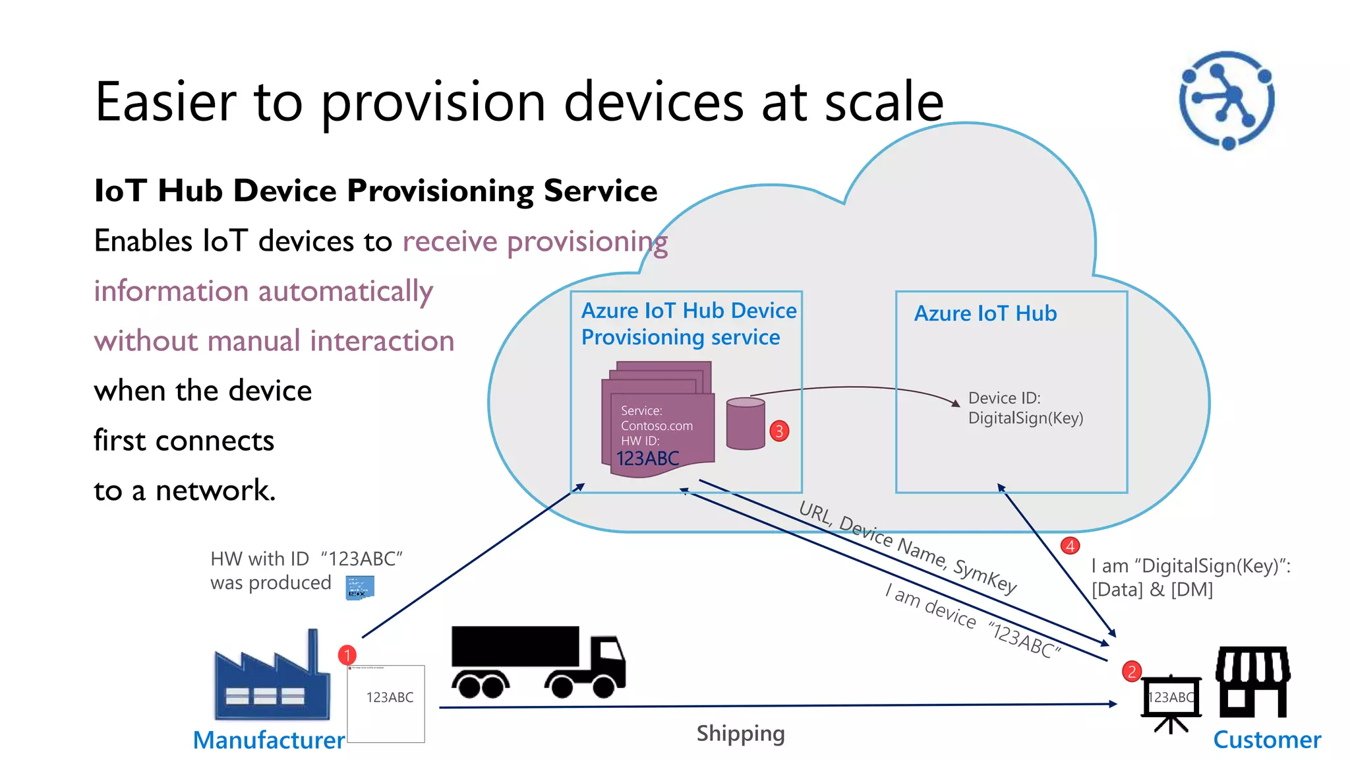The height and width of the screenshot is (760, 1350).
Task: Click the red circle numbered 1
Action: pyautogui.click(x=347, y=655)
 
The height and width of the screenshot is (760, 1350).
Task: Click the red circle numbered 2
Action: pyautogui.click(x=1132, y=672)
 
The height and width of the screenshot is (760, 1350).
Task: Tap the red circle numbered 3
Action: pyautogui.click(x=779, y=431)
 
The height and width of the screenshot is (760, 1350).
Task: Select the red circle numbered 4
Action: pyautogui.click(x=1070, y=546)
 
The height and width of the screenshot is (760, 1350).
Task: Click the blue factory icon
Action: pyautogui.click(x=271, y=680)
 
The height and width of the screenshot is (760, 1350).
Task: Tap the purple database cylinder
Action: pyautogui.click(x=746, y=424)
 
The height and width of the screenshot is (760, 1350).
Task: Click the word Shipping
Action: pyautogui.click(x=740, y=734)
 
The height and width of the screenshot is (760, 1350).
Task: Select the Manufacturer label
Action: pyautogui.click(x=268, y=740)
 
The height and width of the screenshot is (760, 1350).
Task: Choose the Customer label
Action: pyautogui.click(x=1266, y=740)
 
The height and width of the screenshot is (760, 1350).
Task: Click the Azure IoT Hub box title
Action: pyautogui.click(x=985, y=313)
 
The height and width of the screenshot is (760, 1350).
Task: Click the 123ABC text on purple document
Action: pyautogui.click(x=647, y=459)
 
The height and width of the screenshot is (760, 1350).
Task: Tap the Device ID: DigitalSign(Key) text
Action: pyautogui.click(x=1025, y=408)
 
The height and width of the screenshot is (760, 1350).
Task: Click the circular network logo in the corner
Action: pyautogui.click(x=1227, y=100)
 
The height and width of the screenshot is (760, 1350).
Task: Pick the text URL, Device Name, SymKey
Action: pyautogui.click(x=908, y=547)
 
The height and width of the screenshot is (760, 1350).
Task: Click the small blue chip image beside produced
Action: pyautogui.click(x=360, y=587)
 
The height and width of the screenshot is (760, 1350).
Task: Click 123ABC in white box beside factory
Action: pyautogui.click(x=390, y=697)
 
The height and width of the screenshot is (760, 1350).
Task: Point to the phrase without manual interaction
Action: pyautogui.click(x=274, y=341)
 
